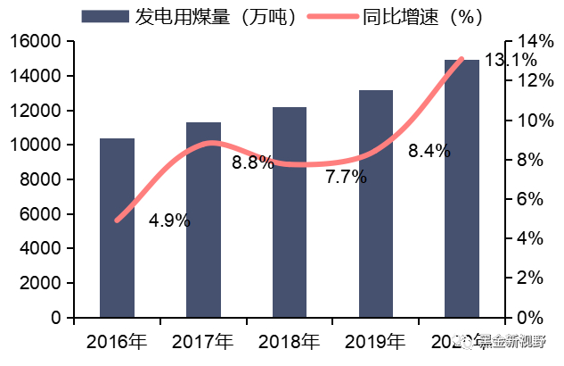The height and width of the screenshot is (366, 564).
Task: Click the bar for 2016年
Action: (117, 228)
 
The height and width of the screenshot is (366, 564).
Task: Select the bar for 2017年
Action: (203, 220)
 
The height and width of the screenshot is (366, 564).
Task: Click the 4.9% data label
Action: (169, 220)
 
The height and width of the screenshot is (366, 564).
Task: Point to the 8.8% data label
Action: (253, 162)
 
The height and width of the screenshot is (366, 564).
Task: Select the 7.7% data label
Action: (346, 177)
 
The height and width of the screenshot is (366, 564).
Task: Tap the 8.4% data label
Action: (429, 151)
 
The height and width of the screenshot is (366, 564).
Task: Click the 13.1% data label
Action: (511, 61)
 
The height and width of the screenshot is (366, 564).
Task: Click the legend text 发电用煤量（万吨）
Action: (216, 17)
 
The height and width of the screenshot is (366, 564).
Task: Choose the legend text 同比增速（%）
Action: (422, 17)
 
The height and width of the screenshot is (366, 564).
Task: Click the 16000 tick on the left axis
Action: (37, 41)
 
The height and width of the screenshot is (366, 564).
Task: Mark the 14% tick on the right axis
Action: (525, 41)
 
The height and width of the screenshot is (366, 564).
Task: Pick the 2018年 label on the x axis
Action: (289, 341)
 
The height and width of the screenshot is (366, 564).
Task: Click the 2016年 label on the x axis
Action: (116, 341)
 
